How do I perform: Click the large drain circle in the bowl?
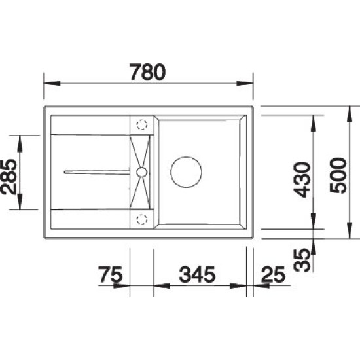[x=186, y=172]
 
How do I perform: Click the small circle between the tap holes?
[x=140, y=172]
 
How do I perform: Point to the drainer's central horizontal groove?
[x=98, y=172]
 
